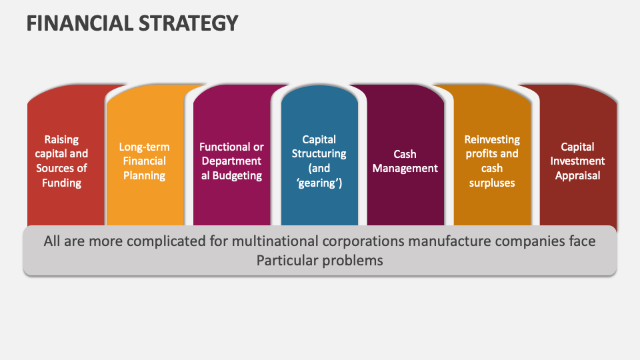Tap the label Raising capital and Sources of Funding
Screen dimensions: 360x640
coord(61,161)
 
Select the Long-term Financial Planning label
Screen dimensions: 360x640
coord(144,161)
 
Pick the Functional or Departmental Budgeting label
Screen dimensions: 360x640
coord(231,161)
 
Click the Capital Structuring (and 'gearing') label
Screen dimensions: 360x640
coord(319,161)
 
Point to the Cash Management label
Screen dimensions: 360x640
coord(405,161)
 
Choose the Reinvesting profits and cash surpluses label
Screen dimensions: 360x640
coord(492,161)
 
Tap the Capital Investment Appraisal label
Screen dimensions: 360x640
coord(578,161)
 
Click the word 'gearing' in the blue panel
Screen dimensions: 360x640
coord(319,183)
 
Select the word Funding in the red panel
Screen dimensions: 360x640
coord(61,183)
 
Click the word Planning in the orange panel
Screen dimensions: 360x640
coord(144,176)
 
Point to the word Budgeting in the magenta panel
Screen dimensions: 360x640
coord(237,176)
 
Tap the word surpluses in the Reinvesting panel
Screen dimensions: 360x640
coord(492,183)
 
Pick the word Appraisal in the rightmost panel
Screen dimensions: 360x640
coord(578,176)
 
